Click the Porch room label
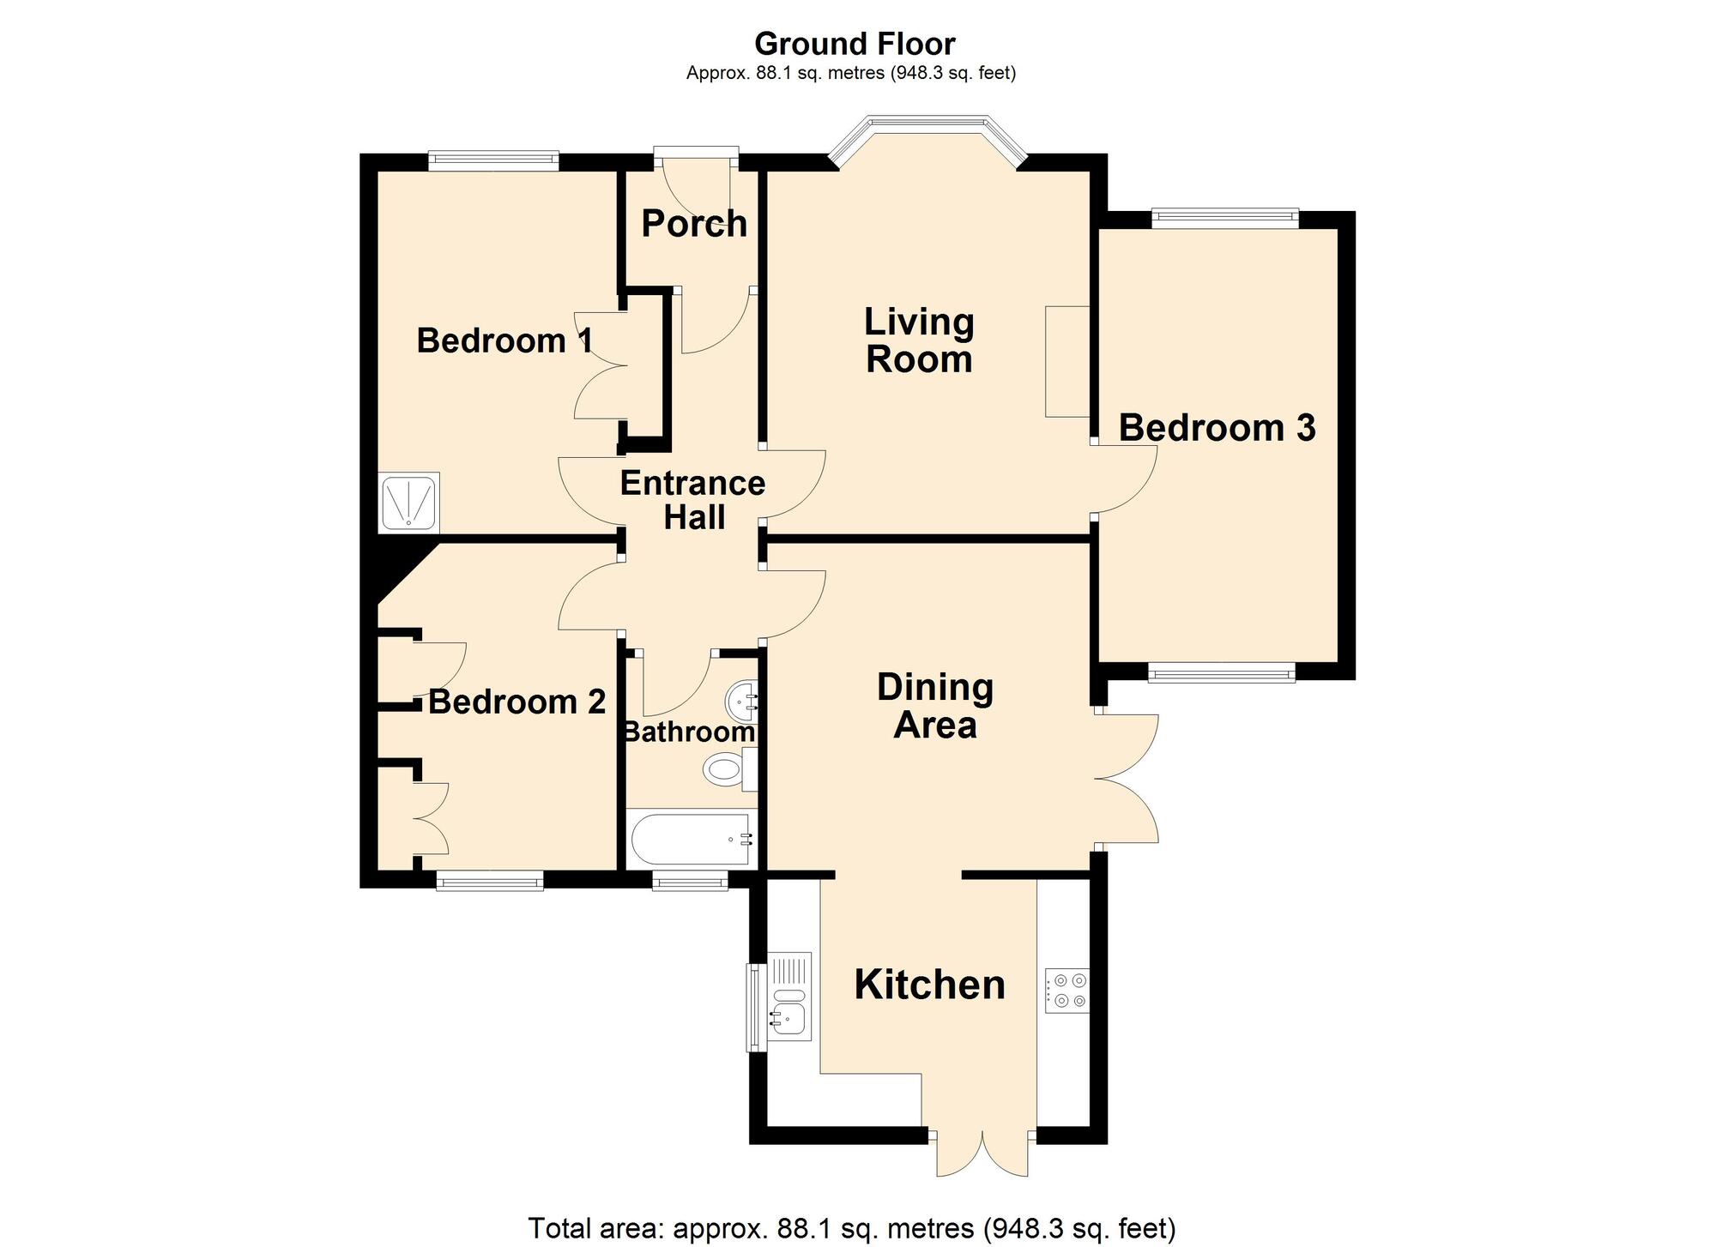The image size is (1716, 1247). tap(694, 224)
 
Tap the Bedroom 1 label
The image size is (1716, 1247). tap(505, 340)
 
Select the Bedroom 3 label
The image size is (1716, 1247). tap(1217, 428)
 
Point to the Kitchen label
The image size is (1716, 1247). tap(929, 985)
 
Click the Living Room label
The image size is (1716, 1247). tap(919, 340)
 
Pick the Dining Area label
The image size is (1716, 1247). tap(935, 706)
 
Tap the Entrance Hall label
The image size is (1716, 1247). tap(692, 501)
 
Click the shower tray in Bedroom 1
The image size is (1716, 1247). tap(409, 502)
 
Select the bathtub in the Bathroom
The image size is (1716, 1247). tap(692, 839)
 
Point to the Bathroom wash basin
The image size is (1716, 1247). tap(742, 702)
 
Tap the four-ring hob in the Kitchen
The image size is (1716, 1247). tap(1066, 990)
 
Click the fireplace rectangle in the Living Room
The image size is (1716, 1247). tap(1067, 361)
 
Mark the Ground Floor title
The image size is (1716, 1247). tap(855, 43)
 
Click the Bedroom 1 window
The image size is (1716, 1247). tap(493, 161)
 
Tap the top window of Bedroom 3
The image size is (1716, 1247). tap(1224, 219)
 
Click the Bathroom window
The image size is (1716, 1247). tap(690, 880)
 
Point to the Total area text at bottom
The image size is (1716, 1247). tap(851, 1228)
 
